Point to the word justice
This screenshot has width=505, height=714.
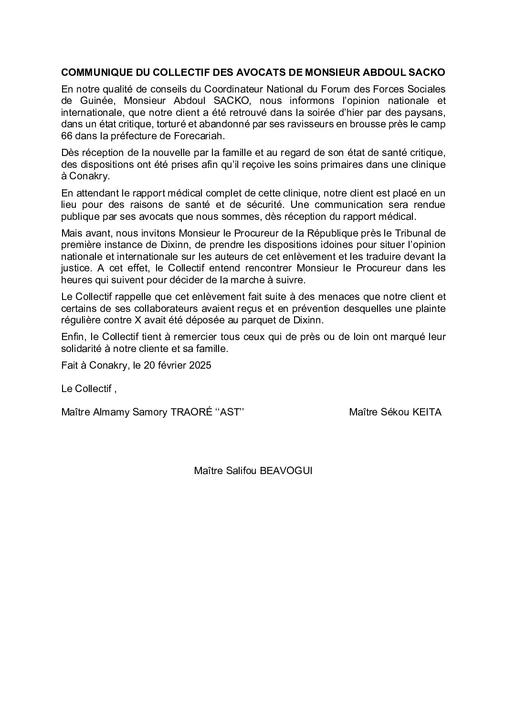(x=75, y=268)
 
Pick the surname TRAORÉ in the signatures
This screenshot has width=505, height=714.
(x=186, y=412)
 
